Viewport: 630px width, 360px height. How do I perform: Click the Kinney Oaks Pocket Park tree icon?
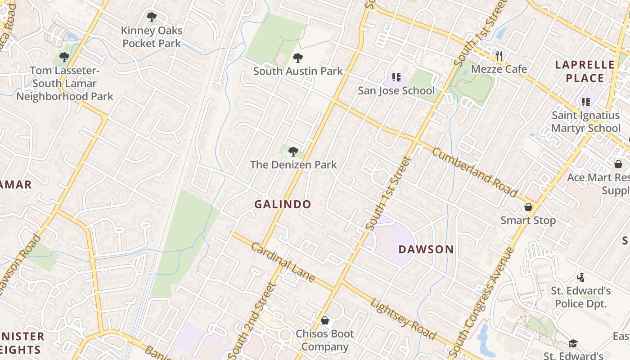(152, 18)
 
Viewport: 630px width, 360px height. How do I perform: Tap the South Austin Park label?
(298, 71)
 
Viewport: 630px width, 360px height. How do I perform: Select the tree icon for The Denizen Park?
(293, 152)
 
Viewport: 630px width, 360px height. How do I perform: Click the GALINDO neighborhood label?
(283, 204)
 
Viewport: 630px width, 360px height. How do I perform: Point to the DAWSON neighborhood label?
(426, 249)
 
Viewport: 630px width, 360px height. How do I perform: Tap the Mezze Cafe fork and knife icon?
(499, 56)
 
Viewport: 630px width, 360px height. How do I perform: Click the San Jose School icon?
(396, 77)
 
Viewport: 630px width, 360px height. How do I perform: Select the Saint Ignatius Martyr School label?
(585, 122)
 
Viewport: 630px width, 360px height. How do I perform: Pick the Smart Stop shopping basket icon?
(528, 207)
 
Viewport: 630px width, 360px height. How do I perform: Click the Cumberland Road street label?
(475, 172)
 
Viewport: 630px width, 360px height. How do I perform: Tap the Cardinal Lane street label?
(283, 262)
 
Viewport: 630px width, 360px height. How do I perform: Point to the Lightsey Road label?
(403, 319)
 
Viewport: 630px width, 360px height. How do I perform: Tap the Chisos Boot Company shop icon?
(325, 320)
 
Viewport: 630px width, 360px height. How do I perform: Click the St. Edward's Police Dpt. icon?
(581, 277)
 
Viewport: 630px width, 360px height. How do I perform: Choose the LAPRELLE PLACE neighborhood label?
(585, 71)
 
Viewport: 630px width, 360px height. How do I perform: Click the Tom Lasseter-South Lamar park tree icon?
(64, 57)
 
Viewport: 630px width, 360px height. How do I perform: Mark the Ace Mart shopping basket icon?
(619, 164)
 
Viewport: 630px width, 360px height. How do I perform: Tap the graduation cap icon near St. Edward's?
(573, 343)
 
